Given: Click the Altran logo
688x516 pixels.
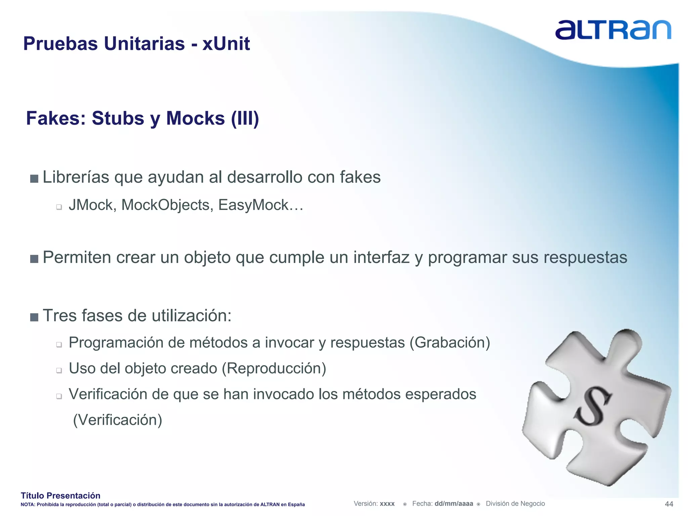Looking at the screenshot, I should (613, 30).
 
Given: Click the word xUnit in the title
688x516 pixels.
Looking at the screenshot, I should (226, 44).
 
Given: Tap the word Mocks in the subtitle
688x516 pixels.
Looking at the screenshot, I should (195, 118).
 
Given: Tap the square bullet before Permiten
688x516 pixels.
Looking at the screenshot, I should (34, 259).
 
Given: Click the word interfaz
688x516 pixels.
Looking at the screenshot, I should (381, 258).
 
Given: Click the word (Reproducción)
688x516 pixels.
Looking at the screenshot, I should (274, 369).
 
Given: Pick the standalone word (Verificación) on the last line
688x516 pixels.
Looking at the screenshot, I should (118, 420).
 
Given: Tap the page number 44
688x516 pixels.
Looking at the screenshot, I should (669, 504).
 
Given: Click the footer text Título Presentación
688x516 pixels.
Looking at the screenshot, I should (60, 496).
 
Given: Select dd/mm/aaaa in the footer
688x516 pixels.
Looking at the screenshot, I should (454, 504).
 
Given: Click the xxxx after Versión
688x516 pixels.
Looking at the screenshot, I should (387, 504).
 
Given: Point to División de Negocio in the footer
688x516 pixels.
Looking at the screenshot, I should (515, 504).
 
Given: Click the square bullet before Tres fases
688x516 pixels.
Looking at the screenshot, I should (34, 317).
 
